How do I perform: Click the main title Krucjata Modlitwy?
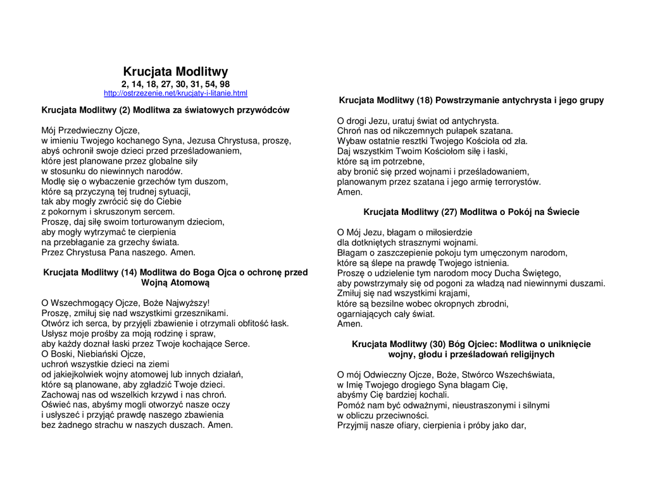(175, 71)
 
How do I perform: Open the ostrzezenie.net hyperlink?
(175, 94)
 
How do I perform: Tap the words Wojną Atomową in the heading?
(175, 283)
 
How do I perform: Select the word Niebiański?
(103, 354)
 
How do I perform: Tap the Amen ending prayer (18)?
(350, 192)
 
